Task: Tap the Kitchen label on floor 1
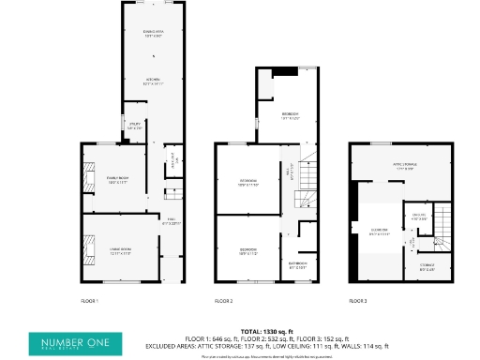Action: point(152,82)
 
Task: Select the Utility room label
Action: point(134,127)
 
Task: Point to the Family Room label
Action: point(117,181)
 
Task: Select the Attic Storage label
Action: point(403,169)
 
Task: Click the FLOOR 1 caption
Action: point(90,301)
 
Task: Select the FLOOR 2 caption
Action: point(223,301)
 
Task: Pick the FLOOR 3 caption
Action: point(358,301)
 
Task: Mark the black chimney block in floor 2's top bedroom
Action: point(280,70)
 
